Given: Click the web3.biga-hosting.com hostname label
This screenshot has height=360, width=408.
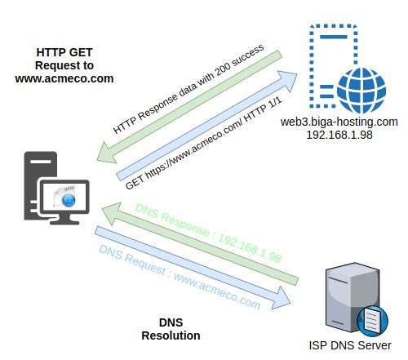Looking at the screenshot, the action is pos(339,122).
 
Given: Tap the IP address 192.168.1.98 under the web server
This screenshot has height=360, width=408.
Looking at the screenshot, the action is pos(339,135).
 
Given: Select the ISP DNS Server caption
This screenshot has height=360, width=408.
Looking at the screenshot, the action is pos(350,345).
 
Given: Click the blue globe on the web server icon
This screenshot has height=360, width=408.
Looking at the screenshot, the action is pos(361,91).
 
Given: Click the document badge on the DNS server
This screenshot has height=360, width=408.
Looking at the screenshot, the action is pos(372,320).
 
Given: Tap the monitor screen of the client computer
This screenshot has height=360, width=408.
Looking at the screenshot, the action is pos(64,197).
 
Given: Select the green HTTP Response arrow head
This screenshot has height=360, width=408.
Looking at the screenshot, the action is pos(107,153).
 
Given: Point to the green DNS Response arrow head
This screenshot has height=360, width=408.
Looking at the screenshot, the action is pos(111,213).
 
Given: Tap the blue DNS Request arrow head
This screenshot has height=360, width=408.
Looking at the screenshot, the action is pos(282,299).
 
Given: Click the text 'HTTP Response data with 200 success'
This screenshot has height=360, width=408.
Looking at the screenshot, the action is pos(188,89).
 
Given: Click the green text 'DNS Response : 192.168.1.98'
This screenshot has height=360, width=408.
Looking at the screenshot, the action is pos(208,233).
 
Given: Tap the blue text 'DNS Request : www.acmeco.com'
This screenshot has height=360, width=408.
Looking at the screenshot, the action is pos(180,277).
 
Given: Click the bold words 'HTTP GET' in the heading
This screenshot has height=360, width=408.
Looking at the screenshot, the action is pos(64,52).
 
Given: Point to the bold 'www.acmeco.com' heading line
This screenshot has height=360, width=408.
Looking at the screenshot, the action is pos(64,78).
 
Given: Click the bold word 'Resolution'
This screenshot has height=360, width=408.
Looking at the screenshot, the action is pos(171,336).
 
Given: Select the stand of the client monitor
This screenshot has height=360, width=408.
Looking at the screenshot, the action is pos(64,219).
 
